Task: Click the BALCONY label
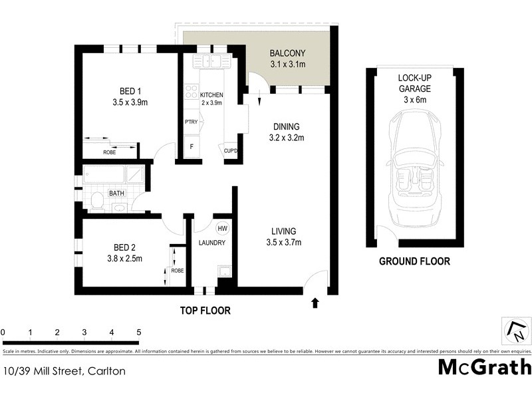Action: coord(287,54)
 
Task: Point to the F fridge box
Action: coord(192,146)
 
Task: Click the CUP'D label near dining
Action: coord(232,150)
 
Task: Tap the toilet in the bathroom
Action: coord(96,200)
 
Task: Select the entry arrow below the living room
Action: coord(315,303)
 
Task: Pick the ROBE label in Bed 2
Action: coord(178,271)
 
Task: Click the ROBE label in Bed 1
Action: coord(110,152)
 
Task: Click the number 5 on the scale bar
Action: coord(139,332)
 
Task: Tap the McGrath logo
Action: coord(485,366)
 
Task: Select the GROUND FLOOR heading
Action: coord(414,261)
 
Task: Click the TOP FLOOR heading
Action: coord(205,311)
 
